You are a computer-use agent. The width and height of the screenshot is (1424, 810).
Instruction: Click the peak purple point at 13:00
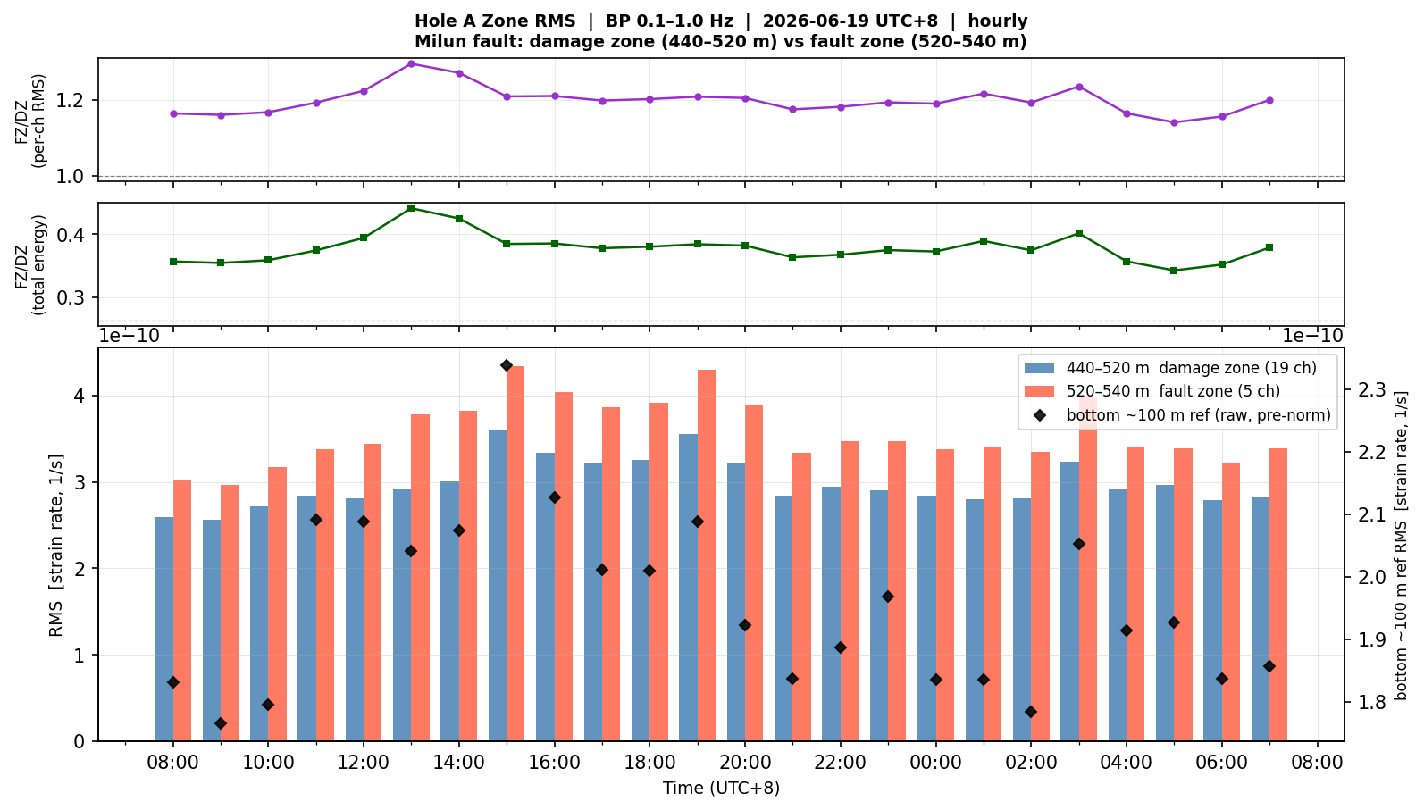tap(411, 63)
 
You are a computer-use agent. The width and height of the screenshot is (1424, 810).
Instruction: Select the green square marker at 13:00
tap(411, 208)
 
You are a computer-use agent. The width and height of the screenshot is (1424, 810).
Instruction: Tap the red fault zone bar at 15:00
tap(515, 554)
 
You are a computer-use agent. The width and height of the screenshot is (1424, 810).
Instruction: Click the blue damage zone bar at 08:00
tap(164, 629)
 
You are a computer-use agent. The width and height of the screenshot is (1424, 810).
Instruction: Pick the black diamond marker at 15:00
tap(507, 365)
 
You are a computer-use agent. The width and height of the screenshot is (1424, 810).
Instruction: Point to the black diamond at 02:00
tap(1031, 712)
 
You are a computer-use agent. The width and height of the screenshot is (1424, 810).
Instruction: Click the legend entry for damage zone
tap(1170, 368)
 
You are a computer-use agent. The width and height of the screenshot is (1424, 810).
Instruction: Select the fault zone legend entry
tap(1152, 391)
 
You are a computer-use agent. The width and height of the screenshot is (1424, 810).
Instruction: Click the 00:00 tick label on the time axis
tap(935, 762)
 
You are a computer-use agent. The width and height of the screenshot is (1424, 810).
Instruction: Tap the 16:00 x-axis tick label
tap(555, 762)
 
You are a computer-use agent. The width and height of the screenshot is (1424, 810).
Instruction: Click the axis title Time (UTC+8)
tap(721, 789)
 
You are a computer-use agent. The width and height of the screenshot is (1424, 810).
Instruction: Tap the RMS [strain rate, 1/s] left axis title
tap(56, 545)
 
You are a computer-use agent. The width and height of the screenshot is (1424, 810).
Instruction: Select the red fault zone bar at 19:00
tap(707, 555)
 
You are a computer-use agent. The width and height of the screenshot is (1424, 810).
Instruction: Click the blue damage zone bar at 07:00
tap(1261, 620)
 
